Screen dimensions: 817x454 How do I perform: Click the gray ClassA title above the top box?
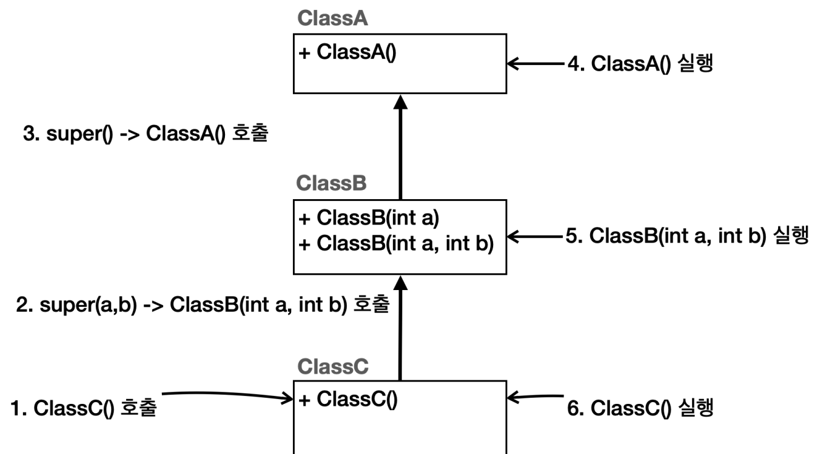[332, 19]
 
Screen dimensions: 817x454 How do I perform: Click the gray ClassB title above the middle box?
[331, 183]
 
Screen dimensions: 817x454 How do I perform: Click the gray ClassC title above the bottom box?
[332, 366]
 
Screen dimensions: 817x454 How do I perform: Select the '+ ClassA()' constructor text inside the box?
[347, 52]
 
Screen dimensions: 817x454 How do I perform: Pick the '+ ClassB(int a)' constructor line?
[369, 218]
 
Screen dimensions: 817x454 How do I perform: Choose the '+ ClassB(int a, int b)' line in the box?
[396, 244]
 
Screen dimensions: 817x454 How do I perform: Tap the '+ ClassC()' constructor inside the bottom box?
[348, 399]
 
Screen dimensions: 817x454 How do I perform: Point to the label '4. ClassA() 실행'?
[640, 64]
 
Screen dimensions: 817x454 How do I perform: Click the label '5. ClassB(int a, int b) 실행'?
[687, 236]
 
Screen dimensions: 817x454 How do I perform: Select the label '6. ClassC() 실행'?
[640, 408]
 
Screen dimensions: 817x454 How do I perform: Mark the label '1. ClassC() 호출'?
[83, 408]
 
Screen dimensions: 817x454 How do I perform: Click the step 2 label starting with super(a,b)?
[203, 304]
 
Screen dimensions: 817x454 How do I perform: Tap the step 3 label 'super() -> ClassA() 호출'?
[145, 133]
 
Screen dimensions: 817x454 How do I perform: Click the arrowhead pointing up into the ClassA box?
[400, 102]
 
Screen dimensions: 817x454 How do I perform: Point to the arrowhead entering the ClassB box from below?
[400, 283]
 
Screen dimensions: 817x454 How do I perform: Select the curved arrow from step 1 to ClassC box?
[228, 394]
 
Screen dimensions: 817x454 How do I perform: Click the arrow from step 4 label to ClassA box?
[536, 64]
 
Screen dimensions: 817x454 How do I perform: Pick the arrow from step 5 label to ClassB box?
[535, 236]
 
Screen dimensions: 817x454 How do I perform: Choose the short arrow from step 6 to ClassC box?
[535, 396]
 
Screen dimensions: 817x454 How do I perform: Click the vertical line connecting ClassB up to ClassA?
[400, 147]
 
